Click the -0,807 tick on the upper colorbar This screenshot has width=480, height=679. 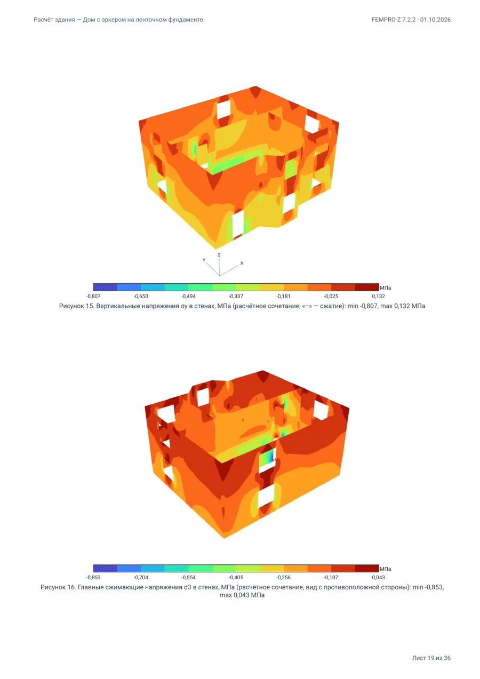(x=93, y=296)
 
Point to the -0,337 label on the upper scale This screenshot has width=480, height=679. (x=236, y=296)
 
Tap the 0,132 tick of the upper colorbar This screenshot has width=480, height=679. (x=379, y=296)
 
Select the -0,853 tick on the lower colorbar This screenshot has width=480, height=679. (x=93, y=578)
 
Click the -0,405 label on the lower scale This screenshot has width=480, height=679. (x=236, y=578)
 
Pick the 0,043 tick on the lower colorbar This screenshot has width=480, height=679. (x=379, y=578)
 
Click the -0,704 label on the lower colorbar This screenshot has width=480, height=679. (x=141, y=578)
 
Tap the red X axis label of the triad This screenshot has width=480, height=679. (x=242, y=263)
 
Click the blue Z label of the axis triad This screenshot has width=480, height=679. (x=219, y=255)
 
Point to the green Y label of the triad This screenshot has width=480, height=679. (x=204, y=260)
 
